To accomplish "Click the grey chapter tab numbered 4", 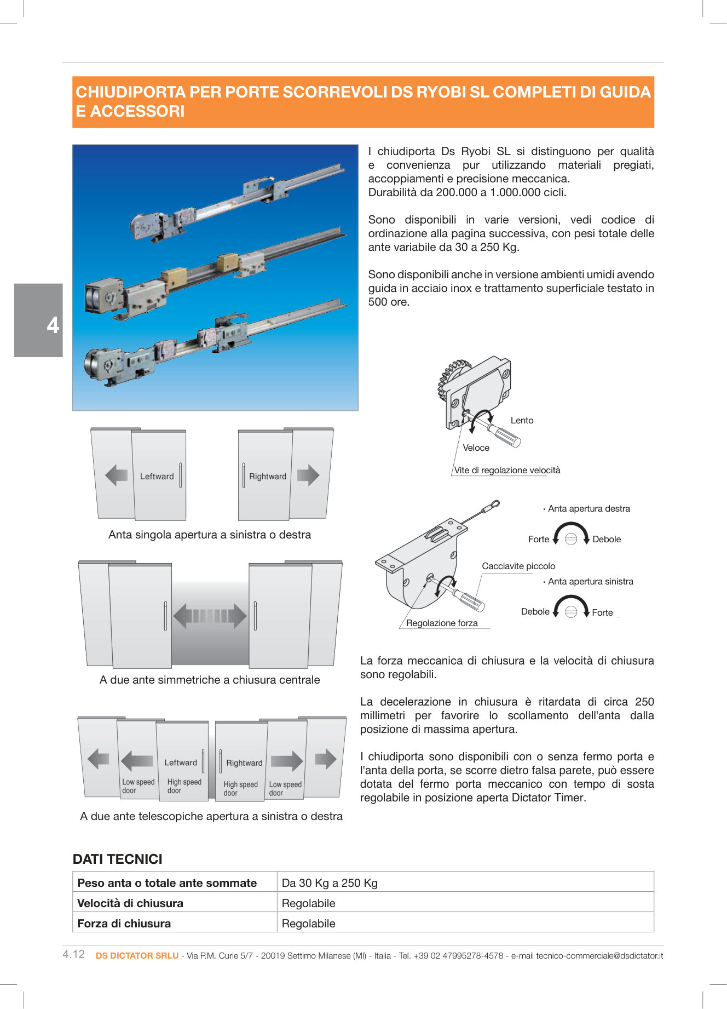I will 39,320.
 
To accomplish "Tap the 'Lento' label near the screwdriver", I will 522,420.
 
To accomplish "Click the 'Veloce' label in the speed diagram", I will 476,448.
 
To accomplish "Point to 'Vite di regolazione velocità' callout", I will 507,470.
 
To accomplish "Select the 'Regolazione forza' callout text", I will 442,623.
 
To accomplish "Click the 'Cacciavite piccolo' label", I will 518,566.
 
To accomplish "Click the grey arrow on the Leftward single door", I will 116,475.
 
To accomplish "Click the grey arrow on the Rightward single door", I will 308,475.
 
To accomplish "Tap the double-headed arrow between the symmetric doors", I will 210,616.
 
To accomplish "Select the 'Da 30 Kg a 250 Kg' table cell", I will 330,882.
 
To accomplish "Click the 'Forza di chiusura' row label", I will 124,923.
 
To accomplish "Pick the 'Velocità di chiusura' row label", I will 130,903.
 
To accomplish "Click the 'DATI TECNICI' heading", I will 118,859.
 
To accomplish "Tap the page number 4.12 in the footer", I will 74,954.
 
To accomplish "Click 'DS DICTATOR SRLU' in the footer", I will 137,955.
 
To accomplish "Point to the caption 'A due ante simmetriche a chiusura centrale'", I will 210,680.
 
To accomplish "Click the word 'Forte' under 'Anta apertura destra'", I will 538,539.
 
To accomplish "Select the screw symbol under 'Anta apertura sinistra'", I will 571,611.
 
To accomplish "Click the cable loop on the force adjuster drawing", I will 494,504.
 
